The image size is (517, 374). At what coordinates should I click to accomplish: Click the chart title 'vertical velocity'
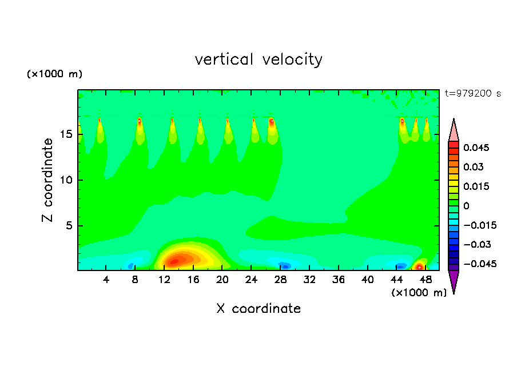258,59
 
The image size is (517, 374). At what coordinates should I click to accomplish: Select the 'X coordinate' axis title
258,309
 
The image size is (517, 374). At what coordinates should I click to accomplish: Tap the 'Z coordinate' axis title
48,180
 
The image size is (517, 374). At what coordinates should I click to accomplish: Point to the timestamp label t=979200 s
472,93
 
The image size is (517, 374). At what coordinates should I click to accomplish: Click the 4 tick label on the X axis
106,280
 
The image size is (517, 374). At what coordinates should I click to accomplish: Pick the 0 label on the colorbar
467,205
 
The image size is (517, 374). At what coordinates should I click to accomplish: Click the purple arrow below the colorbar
454,281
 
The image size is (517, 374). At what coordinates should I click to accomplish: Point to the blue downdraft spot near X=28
285,266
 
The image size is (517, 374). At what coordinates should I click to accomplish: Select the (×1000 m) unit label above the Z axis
54,74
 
